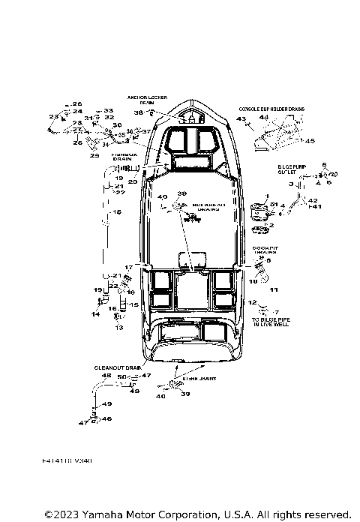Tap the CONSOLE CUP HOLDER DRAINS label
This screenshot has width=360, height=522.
[x=271, y=109]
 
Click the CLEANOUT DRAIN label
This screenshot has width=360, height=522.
[x=117, y=367]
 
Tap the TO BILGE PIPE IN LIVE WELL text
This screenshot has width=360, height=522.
[x=268, y=322]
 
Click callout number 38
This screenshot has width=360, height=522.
[x=138, y=112]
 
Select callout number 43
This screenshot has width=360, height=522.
[x=241, y=119]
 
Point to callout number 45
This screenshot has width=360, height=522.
[x=310, y=140]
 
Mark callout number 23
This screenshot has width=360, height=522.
[x=52, y=117]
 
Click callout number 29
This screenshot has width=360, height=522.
[x=94, y=155]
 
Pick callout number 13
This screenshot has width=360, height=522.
[x=118, y=328]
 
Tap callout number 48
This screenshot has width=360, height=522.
[x=106, y=375]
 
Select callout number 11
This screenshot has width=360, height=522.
[x=274, y=289]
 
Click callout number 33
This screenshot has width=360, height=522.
[x=108, y=110]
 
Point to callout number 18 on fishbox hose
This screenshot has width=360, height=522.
[x=116, y=214]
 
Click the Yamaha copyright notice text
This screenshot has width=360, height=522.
[x=197, y=514]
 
